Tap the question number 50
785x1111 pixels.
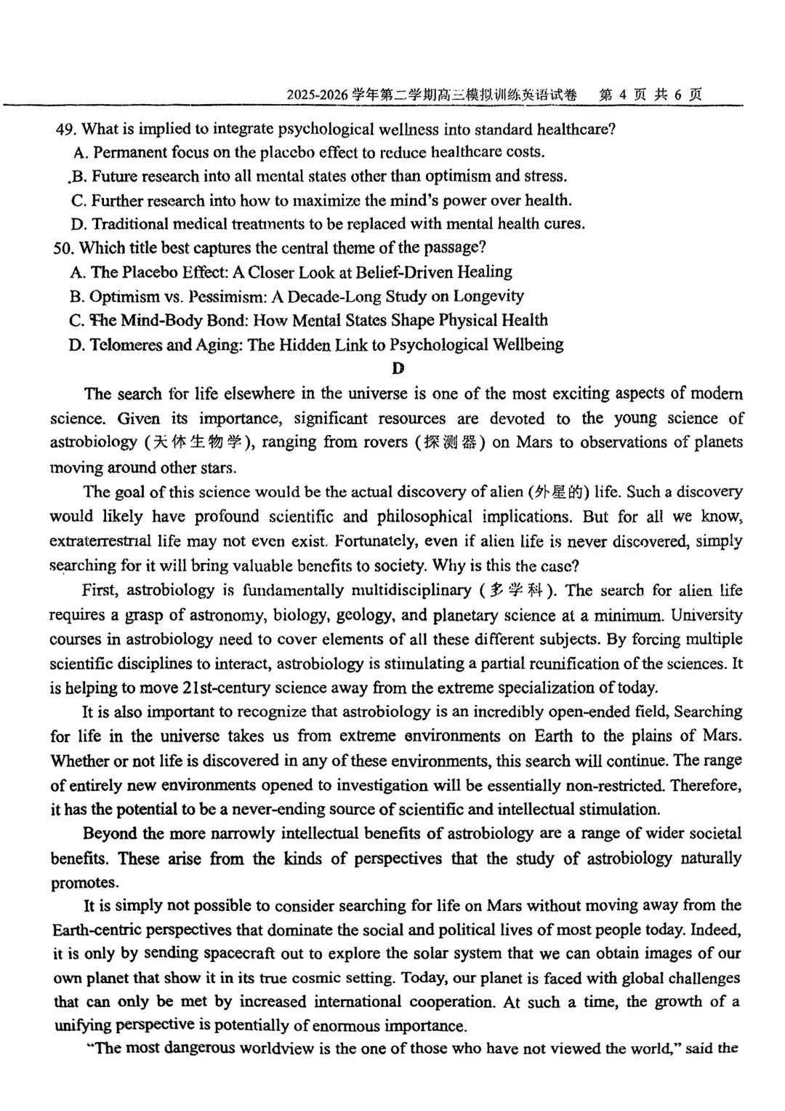(63, 248)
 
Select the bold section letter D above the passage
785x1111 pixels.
(398, 369)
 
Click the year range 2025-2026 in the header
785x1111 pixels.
(317, 95)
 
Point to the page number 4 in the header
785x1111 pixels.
(624, 95)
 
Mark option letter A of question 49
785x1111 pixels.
(80, 153)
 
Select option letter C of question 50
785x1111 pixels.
(76, 321)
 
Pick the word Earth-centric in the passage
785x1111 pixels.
(99, 930)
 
